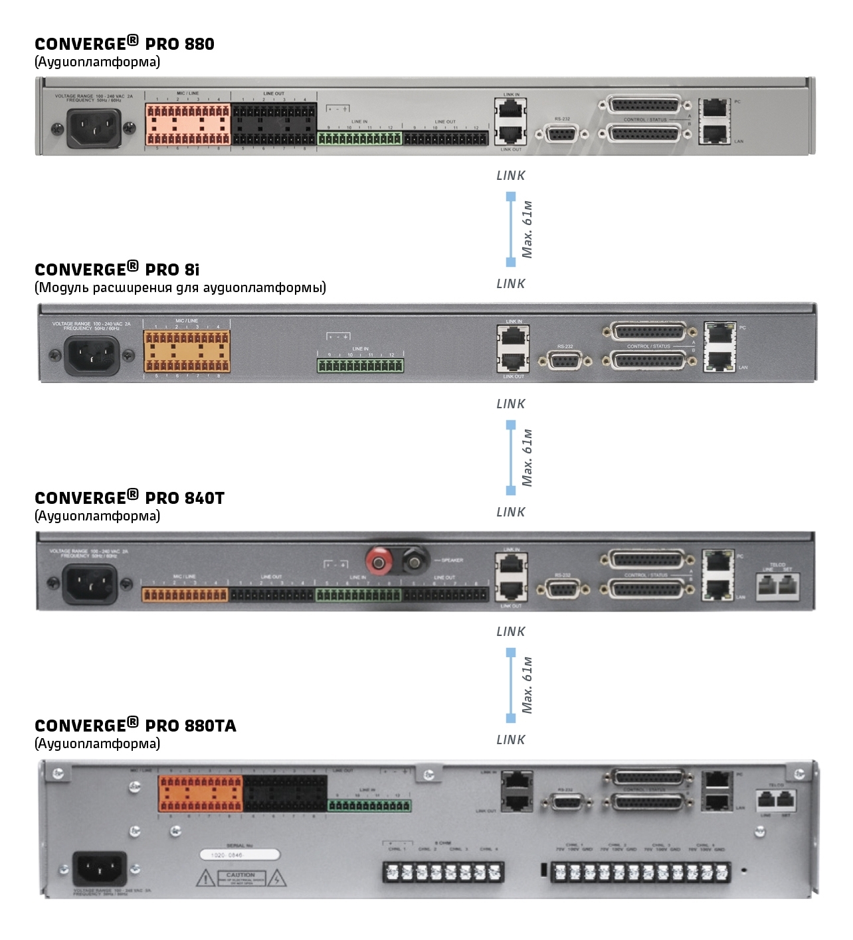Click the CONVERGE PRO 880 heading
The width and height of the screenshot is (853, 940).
coord(124,44)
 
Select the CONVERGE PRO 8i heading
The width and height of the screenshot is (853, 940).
coord(117,270)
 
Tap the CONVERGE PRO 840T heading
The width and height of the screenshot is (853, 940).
coord(130,498)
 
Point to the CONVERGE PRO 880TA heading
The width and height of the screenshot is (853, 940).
coord(136,726)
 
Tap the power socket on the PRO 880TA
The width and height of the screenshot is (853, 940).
coord(100,869)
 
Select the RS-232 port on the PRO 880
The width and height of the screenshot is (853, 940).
coord(562,134)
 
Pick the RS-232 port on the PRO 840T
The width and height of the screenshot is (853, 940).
coord(563,589)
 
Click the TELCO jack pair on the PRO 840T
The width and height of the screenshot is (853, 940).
coord(777,585)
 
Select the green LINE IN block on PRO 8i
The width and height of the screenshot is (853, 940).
coord(360,365)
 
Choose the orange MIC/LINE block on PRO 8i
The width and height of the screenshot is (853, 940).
coord(187,351)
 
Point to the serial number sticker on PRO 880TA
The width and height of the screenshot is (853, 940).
coord(240,855)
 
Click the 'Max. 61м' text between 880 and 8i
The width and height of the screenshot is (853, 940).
coord(527,229)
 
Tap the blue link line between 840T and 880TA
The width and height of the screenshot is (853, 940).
coord(511,685)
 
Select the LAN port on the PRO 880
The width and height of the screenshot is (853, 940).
coord(715,133)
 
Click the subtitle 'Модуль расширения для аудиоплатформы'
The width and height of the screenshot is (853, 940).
coord(180,287)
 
